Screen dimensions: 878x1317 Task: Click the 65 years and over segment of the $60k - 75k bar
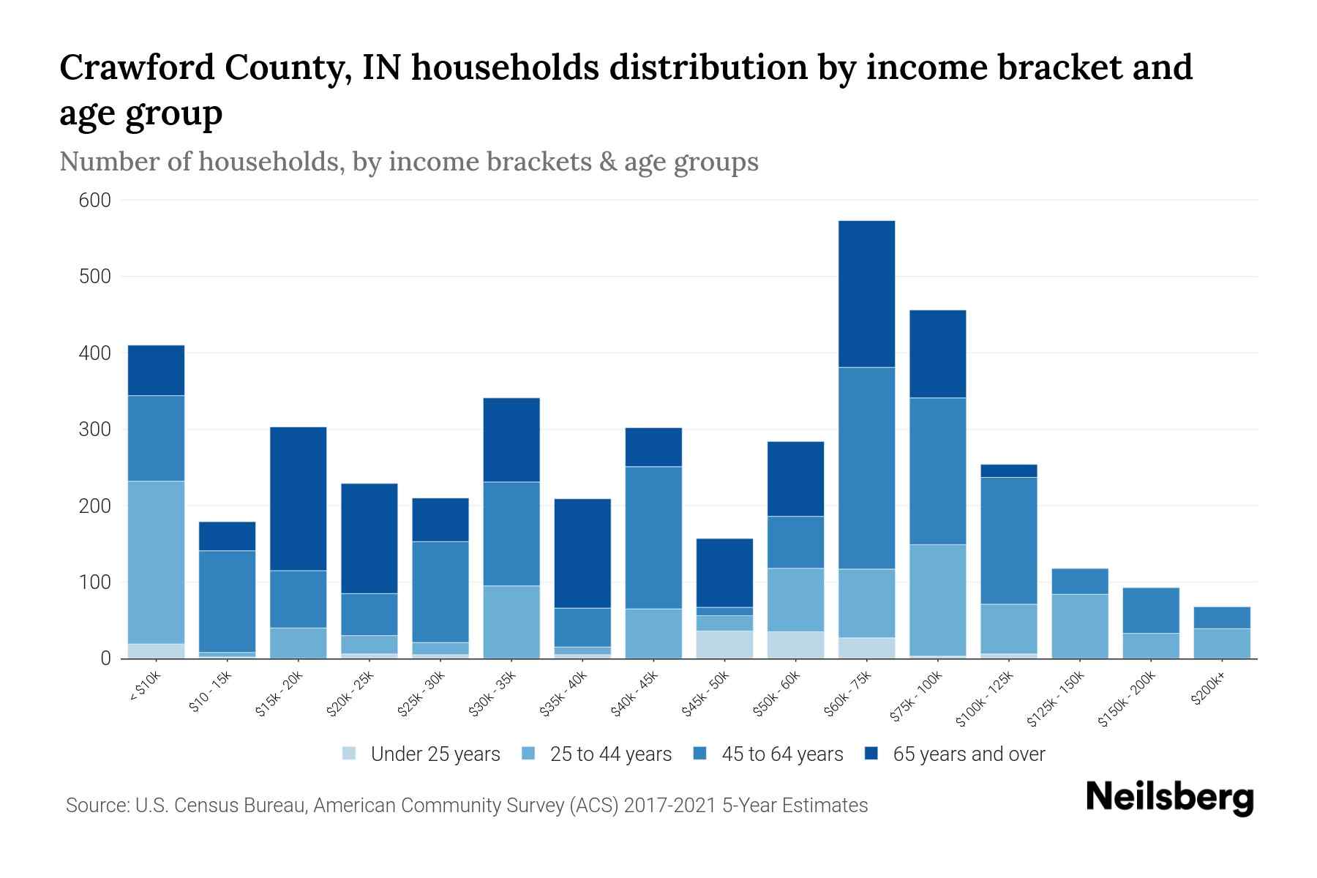click(866, 294)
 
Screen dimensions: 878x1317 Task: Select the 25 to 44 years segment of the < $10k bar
click(156, 562)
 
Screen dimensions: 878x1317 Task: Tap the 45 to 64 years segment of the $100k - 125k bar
click(1008, 541)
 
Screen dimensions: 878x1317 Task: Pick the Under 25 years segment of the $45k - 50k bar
click(724, 645)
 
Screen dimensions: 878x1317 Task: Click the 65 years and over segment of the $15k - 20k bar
click(298, 498)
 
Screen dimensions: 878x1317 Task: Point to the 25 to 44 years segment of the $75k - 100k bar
click(937, 600)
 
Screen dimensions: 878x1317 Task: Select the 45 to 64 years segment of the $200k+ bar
click(1221, 618)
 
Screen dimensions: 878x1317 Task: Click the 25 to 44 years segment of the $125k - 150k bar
click(1079, 626)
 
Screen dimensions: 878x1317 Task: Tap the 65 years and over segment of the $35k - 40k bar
click(582, 553)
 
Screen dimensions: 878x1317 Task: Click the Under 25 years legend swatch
click(349, 754)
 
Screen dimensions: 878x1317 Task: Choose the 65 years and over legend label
click(969, 754)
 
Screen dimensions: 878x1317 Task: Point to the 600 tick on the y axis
click(94, 200)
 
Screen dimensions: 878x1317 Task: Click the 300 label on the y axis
click(94, 429)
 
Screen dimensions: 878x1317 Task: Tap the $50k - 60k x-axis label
click(777, 694)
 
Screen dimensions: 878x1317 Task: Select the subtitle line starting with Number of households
click(408, 162)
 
